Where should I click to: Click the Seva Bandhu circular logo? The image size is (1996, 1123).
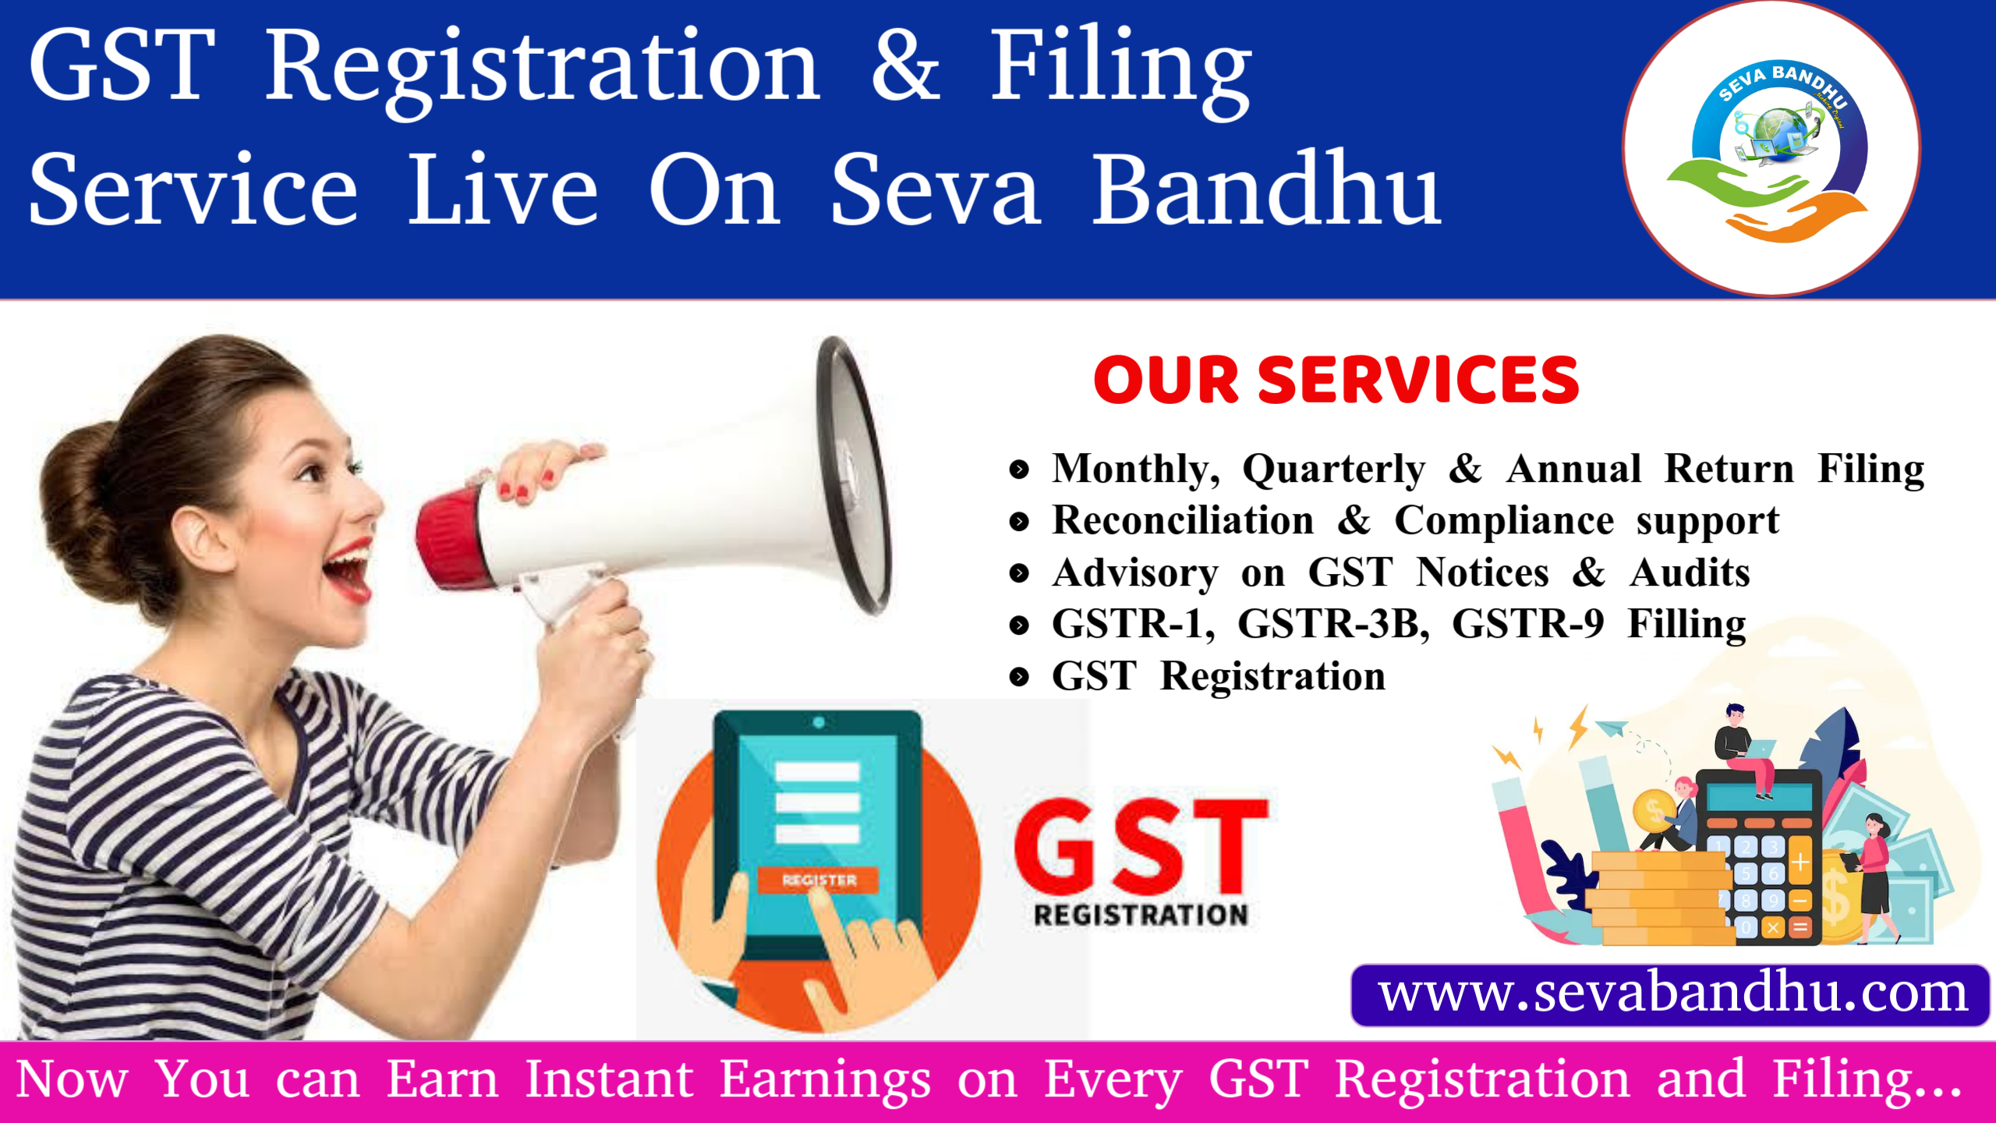(1771, 148)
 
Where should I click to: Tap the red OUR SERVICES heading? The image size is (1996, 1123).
(1336, 381)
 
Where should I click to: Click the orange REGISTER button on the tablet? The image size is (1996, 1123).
(819, 880)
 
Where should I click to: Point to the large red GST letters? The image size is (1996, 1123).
(1141, 846)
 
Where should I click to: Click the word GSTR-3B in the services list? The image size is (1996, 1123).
(1334, 624)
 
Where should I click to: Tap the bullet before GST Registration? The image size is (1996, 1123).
(1019, 676)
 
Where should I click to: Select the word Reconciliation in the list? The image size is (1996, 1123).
(1183, 520)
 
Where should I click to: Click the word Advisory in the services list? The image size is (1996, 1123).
(1135, 573)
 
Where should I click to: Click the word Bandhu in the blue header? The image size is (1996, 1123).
(1266, 190)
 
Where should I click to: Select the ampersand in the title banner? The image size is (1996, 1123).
(906, 64)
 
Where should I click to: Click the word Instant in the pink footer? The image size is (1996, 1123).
(609, 1080)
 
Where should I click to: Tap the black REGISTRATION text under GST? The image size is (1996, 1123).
(1141, 915)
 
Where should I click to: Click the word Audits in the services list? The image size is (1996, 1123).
(1690, 573)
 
